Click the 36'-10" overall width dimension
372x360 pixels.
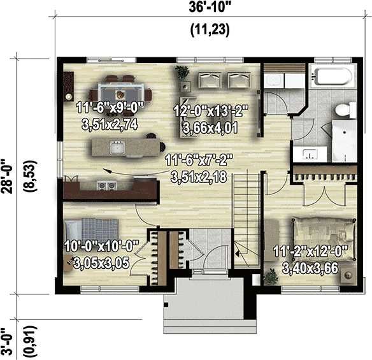coord(209,8)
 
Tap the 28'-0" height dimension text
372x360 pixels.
coord(9,176)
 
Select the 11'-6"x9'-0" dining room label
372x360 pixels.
coord(110,108)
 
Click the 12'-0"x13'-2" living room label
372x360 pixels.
coord(211,111)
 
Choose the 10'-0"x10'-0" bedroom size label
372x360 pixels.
coord(101,246)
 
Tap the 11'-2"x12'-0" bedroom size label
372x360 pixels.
coord(311,251)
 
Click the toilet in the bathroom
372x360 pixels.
coord(346,110)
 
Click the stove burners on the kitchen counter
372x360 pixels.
coord(106,185)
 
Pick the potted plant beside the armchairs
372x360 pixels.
coord(182,71)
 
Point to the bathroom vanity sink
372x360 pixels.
coord(310,154)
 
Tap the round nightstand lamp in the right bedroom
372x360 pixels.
coord(348,275)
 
